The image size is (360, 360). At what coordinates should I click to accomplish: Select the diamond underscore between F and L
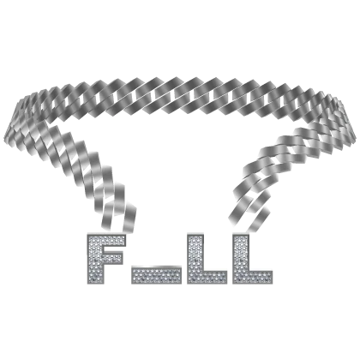tap(156, 275)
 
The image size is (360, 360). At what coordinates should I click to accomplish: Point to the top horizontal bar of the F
tap(106, 241)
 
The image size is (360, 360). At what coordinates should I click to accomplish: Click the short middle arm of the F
tap(111, 259)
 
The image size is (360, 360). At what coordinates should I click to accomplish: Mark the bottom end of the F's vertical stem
tap(95, 284)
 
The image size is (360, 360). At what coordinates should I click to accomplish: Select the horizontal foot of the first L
tap(207, 277)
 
